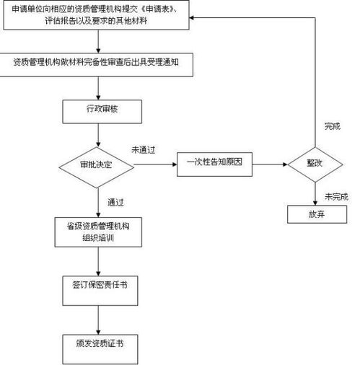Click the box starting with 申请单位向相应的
pos(97,16)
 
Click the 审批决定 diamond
pos(97,164)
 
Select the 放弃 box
pos(315,215)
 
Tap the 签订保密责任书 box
pos(97,286)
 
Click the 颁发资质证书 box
pos(97,343)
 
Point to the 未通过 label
pos(144,150)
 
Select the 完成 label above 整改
pos(331,126)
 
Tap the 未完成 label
pos(335,195)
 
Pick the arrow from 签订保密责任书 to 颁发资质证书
pos(97,315)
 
